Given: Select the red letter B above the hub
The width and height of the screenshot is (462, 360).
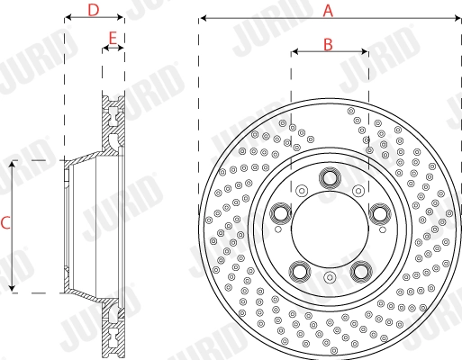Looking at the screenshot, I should click(328, 42).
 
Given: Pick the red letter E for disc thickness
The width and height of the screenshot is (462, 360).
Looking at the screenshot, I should click(113, 38).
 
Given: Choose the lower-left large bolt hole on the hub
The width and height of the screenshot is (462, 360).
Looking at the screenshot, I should click(299, 269).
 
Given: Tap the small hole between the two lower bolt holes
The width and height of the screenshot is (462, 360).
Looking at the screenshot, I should click(330, 278).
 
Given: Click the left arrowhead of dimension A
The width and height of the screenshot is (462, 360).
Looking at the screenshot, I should click(203, 17).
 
